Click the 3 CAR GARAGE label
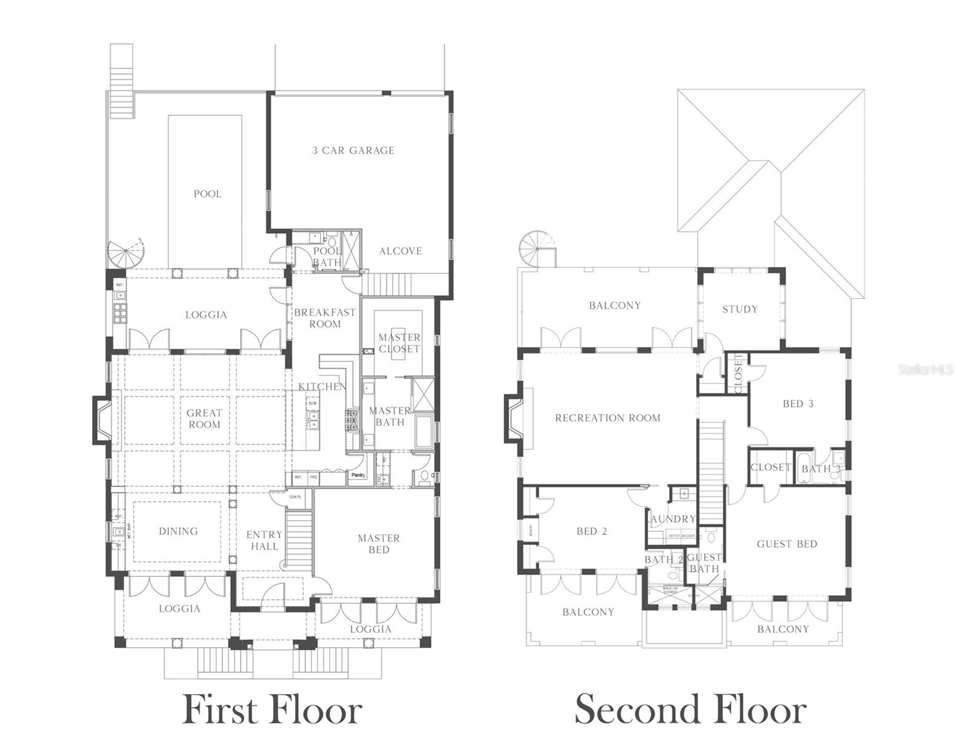pos(353,150)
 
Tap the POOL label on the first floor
pos(207,194)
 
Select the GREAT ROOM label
pos(204,419)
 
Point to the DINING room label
pos(179,531)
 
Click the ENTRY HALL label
pos(264,541)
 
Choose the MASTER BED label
pos(379,544)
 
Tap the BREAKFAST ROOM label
pos(325,318)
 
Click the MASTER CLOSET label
pos(400,343)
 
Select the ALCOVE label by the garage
pos(400,251)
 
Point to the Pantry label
pos(358,475)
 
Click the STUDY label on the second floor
pos(740,309)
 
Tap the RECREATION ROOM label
pos(608,418)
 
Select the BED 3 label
pos(798,404)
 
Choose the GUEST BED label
pos(787,544)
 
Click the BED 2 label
pos(592,531)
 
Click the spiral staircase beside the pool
pos(126,252)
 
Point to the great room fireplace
pos(102,420)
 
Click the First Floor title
pos(272,709)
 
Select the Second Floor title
pos(690,709)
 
